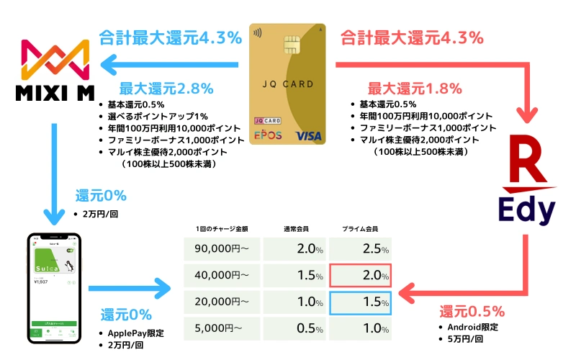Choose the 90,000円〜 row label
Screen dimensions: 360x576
click(223, 248)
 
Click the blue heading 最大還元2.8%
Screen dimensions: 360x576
click(166, 89)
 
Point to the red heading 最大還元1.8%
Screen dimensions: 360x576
click(405, 89)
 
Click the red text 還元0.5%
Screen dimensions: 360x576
click(472, 312)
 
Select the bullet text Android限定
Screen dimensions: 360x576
click(474, 328)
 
